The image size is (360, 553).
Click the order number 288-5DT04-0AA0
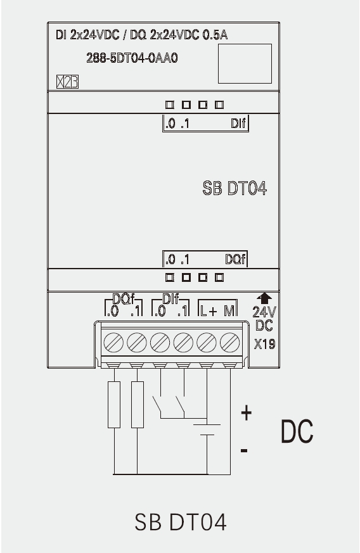(132, 58)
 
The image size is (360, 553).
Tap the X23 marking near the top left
(67, 82)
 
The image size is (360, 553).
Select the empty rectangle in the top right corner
(245, 64)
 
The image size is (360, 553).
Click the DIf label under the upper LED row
(238, 124)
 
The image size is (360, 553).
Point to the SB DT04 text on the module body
(235, 188)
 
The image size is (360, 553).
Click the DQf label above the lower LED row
(235, 260)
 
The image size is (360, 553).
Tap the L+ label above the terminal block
(209, 311)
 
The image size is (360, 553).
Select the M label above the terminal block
(229, 311)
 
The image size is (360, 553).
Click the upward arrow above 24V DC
(264, 298)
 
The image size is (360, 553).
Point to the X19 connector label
(265, 344)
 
